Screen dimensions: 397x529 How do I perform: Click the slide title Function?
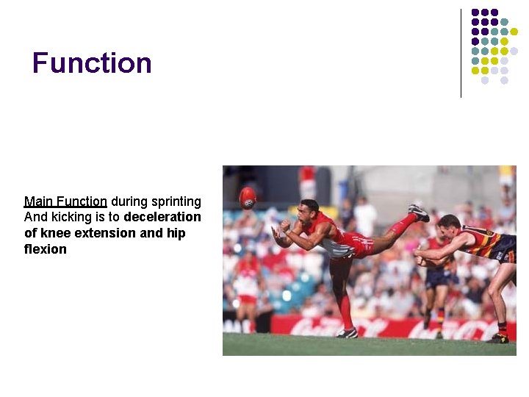tap(92, 63)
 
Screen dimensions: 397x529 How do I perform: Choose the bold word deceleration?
tap(162, 218)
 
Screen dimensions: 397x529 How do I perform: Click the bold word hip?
tap(176, 234)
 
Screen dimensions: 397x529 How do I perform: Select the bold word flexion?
tap(45, 250)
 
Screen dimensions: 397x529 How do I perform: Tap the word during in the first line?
tap(126, 201)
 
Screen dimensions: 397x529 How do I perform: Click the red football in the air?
tap(248, 197)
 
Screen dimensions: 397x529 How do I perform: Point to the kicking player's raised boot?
tap(419, 212)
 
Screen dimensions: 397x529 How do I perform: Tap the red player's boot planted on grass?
tap(347, 333)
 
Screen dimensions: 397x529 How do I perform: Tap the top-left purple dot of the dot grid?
tap(475, 12)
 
